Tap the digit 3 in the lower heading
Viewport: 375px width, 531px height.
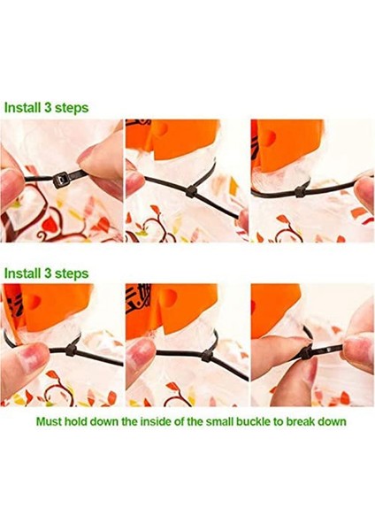click(x=48, y=273)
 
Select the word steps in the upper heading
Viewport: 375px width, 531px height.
click(x=72, y=108)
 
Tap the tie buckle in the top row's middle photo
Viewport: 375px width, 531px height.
click(x=190, y=192)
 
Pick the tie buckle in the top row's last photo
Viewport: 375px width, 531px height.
click(x=300, y=192)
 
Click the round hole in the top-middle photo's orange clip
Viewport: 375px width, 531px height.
click(x=162, y=129)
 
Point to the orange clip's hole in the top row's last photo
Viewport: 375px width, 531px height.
click(x=267, y=138)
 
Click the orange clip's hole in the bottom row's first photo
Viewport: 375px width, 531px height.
click(x=34, y=300)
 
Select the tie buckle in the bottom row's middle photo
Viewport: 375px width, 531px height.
click(x=207, y=356)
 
